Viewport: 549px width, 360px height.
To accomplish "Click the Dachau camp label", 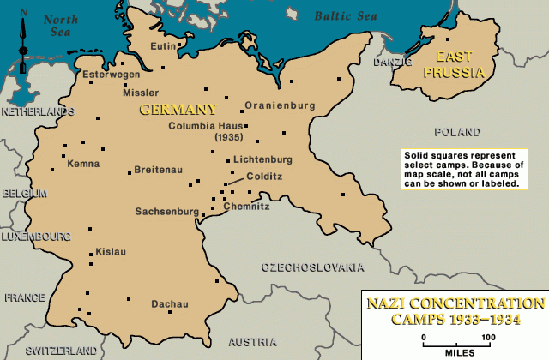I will pos(169,303).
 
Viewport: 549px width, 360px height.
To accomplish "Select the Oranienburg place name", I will pos(280,105).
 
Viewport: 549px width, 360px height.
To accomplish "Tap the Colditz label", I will pos(264,176).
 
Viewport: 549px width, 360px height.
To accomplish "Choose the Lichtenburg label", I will pos(263,159).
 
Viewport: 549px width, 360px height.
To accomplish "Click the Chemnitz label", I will pos(246,207).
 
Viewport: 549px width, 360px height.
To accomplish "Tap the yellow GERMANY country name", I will pos(178,110).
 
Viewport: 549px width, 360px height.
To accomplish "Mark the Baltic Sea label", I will pos(345,15).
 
